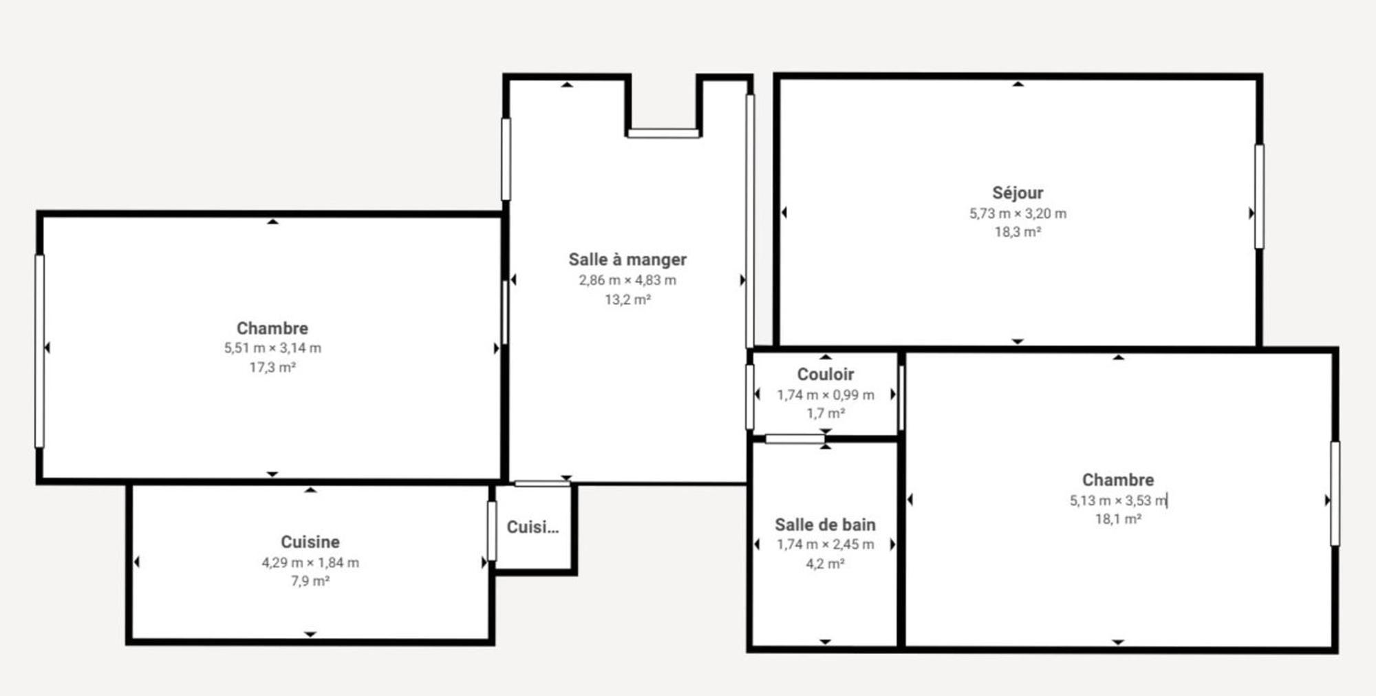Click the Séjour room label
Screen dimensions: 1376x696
[x=1018, y=193]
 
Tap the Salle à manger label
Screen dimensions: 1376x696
[x=627, y=260]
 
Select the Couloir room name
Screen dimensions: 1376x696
[x=826, y=374]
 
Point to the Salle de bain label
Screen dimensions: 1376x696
[x=826, y=525]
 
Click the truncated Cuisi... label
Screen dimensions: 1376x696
[x=533, y=527]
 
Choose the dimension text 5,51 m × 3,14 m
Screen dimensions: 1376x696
[x=272, y=348]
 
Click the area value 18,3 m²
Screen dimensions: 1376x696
[x=1018, y=232]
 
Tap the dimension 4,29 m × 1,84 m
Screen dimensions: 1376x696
[x=310, y=562]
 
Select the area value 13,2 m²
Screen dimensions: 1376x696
[x=627, y=299]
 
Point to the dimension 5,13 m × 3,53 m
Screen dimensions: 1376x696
[x=1118, y=500]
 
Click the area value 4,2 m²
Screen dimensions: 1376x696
[x=826, y=564]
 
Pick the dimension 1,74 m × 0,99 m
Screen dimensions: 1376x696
[x=826, y=395]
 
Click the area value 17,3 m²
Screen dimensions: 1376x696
[x=272, y=368]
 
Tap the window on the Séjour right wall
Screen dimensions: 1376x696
[x=1259, y=196]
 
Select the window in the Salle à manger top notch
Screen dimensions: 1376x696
[x=663, y=134]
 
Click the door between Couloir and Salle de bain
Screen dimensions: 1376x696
[x=795, y=439]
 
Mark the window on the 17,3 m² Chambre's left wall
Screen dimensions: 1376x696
[x=39, y=351]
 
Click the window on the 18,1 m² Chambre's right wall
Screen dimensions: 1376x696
[x=1335, y=494]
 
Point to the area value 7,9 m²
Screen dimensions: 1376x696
[x=310, y=581]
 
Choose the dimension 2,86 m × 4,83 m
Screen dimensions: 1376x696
[x=627, y=280]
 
